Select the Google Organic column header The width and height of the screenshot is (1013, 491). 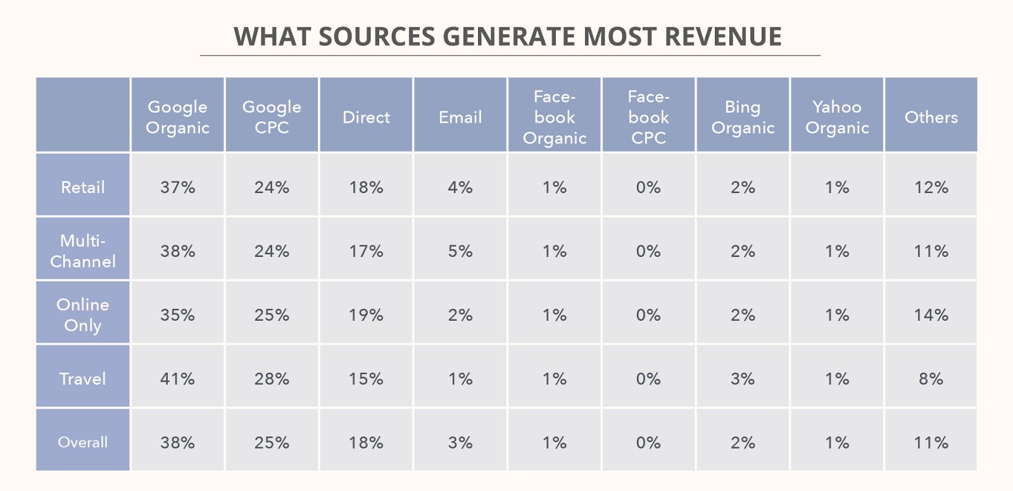[x=177, y=117]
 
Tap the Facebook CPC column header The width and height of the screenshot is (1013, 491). [x=648, y=117]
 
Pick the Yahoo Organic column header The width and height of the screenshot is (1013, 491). [x=837, y=117]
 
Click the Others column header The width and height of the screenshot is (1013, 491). [x=931, y=117]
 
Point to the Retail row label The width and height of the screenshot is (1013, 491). [x=83, y=187]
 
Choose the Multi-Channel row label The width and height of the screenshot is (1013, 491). [x=83, y=251]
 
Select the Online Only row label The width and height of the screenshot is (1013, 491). [x=83, y=314]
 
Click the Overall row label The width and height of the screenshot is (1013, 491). [x=83, y=442]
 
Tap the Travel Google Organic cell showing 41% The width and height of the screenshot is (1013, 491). [x=177, y=379]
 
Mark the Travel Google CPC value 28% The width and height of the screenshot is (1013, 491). [x=272, y=379]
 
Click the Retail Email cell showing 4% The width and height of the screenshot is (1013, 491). [x=460, y=187]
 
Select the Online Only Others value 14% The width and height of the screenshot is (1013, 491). [x=931, y=315]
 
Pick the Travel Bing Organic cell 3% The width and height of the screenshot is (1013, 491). [x=743, y=379]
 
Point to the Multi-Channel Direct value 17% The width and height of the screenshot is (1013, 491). [x=366, y=251]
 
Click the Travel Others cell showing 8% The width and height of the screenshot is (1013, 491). [x=931, y=379]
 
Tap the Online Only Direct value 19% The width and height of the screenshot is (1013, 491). [x=366, y=315]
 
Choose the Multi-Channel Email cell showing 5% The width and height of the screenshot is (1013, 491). [x=460, y=251]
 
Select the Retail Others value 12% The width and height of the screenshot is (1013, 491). [x=931, y=187]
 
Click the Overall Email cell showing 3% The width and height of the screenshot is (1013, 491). [x=460, y=442]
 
